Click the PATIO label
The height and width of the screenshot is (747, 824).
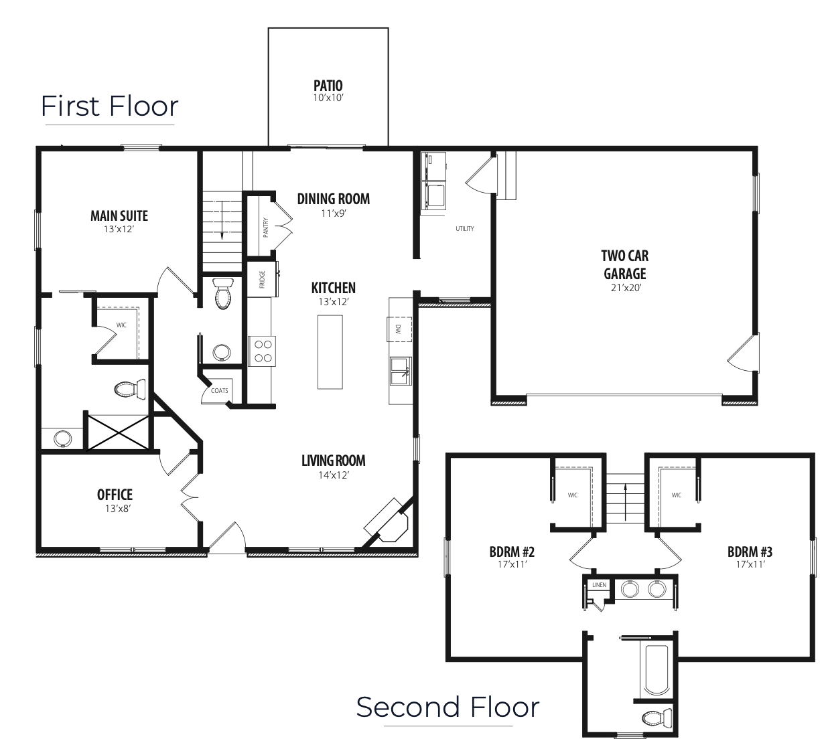[x=328, y=86]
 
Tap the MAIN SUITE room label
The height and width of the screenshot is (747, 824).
[x=119, y=216]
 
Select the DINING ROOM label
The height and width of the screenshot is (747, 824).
[x=334, y=199]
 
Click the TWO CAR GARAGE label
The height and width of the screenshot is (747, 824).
[x=625, y=265]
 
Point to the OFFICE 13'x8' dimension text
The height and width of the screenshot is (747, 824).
[x=118, y=509]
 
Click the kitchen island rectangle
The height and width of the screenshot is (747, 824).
[x=330, y=352]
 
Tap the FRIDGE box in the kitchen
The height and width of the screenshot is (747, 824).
[x=263, y=279]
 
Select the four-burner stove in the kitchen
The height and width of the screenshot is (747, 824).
[x=262, y=351]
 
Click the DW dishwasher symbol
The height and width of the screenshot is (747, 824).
[x=399, y=329]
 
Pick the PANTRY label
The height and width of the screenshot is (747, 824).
[x=265, y=228]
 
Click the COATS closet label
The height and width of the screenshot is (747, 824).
[x=219, y=391]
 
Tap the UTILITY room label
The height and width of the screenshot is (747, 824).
[x=464, y=229]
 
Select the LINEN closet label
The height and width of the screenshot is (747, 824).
[x=600, y=585]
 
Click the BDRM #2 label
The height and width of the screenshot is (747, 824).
[x=512, y=552]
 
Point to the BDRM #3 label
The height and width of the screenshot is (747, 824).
[x=750, y=552]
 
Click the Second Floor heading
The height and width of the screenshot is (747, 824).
[x=448, y=708]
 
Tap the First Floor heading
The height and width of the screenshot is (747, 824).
[x=110, y=106]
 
